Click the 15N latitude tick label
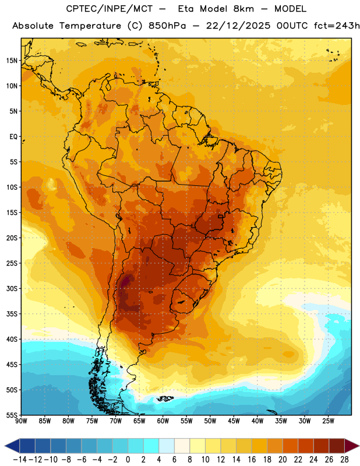pos(12,61)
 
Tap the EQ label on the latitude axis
pos(13,137)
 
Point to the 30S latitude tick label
pos(12,288)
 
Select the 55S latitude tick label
pos(12,415)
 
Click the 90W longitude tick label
pos(21,421)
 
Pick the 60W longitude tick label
pos(163,421)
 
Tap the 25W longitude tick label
pos(328,421)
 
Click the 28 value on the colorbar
pos(344,460)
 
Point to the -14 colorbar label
pos(20,460)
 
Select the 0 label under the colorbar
pos(128,460)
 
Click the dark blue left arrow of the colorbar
pos(12,446)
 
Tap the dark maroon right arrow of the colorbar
pos(352,446)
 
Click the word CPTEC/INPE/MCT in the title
pos(110,9)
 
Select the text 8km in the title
pos(243,9)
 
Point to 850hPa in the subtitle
pos(167,26)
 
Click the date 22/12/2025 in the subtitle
pos(238,26)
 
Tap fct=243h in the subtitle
pos(337,26)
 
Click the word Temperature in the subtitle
pos(90,26)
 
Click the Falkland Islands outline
pos(165,398)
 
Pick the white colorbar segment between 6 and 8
pos(182,446)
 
